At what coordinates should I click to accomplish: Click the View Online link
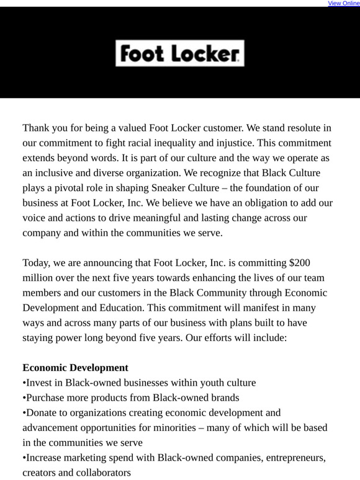[x=343, y=3]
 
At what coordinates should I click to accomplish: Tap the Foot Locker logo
[x=179, y=54]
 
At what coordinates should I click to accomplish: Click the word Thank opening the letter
[x=37, y=128]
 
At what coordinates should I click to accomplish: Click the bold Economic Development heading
[x=76, y=368]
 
